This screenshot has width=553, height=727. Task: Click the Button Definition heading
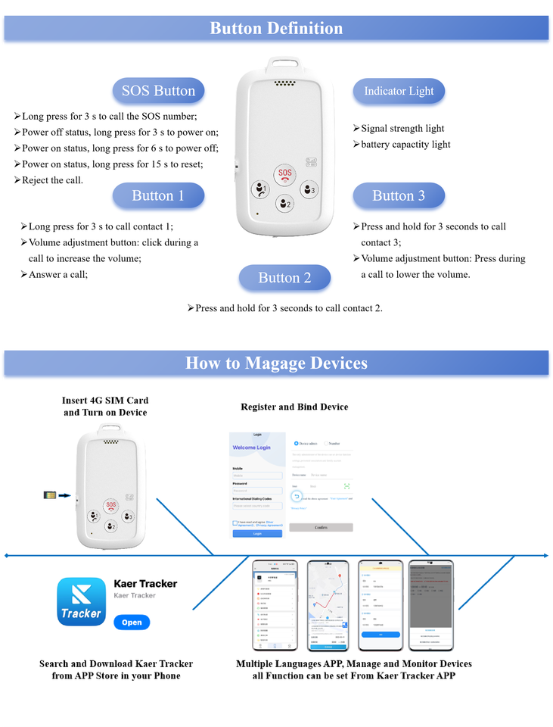(276, 29)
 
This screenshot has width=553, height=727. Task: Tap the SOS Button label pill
(158, 91)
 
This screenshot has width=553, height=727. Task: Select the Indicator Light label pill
(399, 91)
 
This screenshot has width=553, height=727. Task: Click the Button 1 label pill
(158, 195)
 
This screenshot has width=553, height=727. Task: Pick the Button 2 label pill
(284, 278)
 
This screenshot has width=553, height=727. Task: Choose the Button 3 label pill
(399, 195)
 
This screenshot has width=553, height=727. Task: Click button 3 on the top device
(308, 189)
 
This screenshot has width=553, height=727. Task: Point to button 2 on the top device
(284, 203)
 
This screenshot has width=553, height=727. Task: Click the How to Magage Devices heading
(276, 363)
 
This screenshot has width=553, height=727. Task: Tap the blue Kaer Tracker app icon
(81, 602)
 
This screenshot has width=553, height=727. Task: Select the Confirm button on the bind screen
(321, 527)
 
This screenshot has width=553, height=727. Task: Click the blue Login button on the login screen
(257, 534)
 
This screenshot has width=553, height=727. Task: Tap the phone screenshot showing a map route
(328, 604)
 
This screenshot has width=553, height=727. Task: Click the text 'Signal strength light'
(402, 129)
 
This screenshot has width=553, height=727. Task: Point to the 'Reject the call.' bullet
(52, 180)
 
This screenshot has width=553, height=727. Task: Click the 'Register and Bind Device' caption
(294, 407)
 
